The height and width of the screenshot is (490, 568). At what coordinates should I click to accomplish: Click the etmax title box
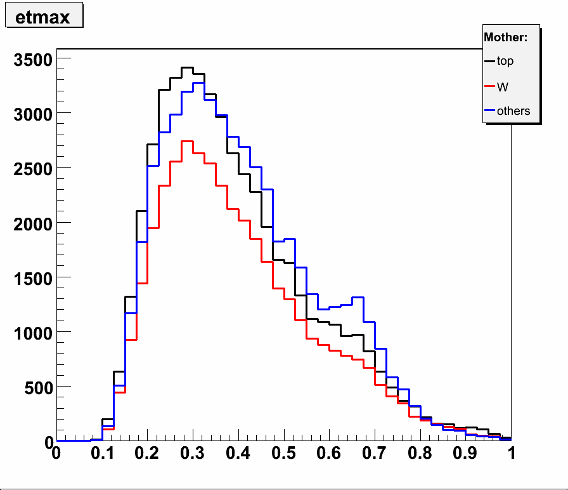click(44, 17)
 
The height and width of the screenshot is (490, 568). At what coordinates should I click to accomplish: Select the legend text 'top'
click(505, 61)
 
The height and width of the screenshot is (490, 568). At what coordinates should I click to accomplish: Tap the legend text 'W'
click(503, 86)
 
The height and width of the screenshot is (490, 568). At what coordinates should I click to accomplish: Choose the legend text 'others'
click(513, 111)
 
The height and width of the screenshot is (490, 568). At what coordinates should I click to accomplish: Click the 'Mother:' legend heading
click(505, 37)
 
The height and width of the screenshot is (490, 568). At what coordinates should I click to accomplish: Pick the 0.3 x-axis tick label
click(192, 454)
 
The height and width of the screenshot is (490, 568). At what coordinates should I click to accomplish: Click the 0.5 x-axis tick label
click(283, 454)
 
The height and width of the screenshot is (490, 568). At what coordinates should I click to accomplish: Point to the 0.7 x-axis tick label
click(375, 454)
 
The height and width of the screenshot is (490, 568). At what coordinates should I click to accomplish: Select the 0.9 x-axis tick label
click(466, 454)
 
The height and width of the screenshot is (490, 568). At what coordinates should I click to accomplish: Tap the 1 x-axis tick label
click(511, 454)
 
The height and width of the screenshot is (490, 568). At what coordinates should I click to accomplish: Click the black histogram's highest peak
click(187, 67)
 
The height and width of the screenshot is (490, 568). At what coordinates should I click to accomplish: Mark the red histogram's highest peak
click(187, 142)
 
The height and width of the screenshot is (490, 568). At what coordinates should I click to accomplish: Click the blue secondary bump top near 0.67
click(358, 297)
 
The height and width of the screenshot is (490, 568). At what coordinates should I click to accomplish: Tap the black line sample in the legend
click(489, 62)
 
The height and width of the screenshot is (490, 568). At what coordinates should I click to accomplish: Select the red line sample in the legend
click(489, 86)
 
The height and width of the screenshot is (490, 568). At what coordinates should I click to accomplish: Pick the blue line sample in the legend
click(489, 111)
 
